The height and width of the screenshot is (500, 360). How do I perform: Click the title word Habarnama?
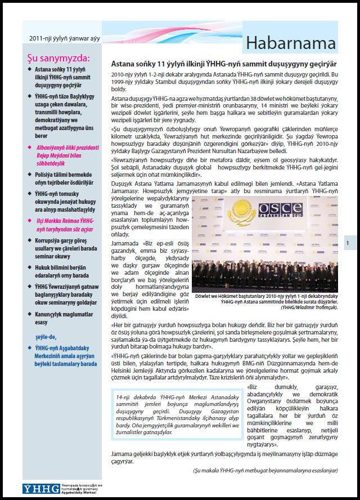click(291, 44)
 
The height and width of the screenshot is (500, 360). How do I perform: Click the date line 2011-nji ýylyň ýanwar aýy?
click(62, 38)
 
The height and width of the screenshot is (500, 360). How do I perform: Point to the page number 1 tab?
click(348, 243)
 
